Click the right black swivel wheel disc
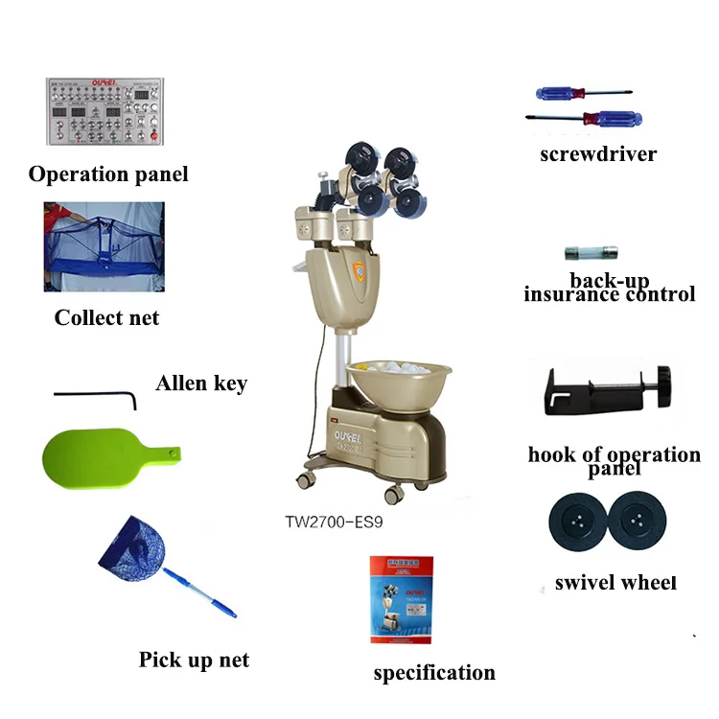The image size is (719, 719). (x=639, y=523)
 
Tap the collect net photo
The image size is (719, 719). (x=104, y=246)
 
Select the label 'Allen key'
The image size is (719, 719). (x=201, y=383)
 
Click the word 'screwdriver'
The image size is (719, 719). (x=597, y=153)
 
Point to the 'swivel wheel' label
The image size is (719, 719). (x=615, y=583)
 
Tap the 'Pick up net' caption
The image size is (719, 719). (x=194, y=660)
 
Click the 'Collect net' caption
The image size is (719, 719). (x=106, y=317)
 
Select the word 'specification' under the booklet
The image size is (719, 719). (x=433, y=673)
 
